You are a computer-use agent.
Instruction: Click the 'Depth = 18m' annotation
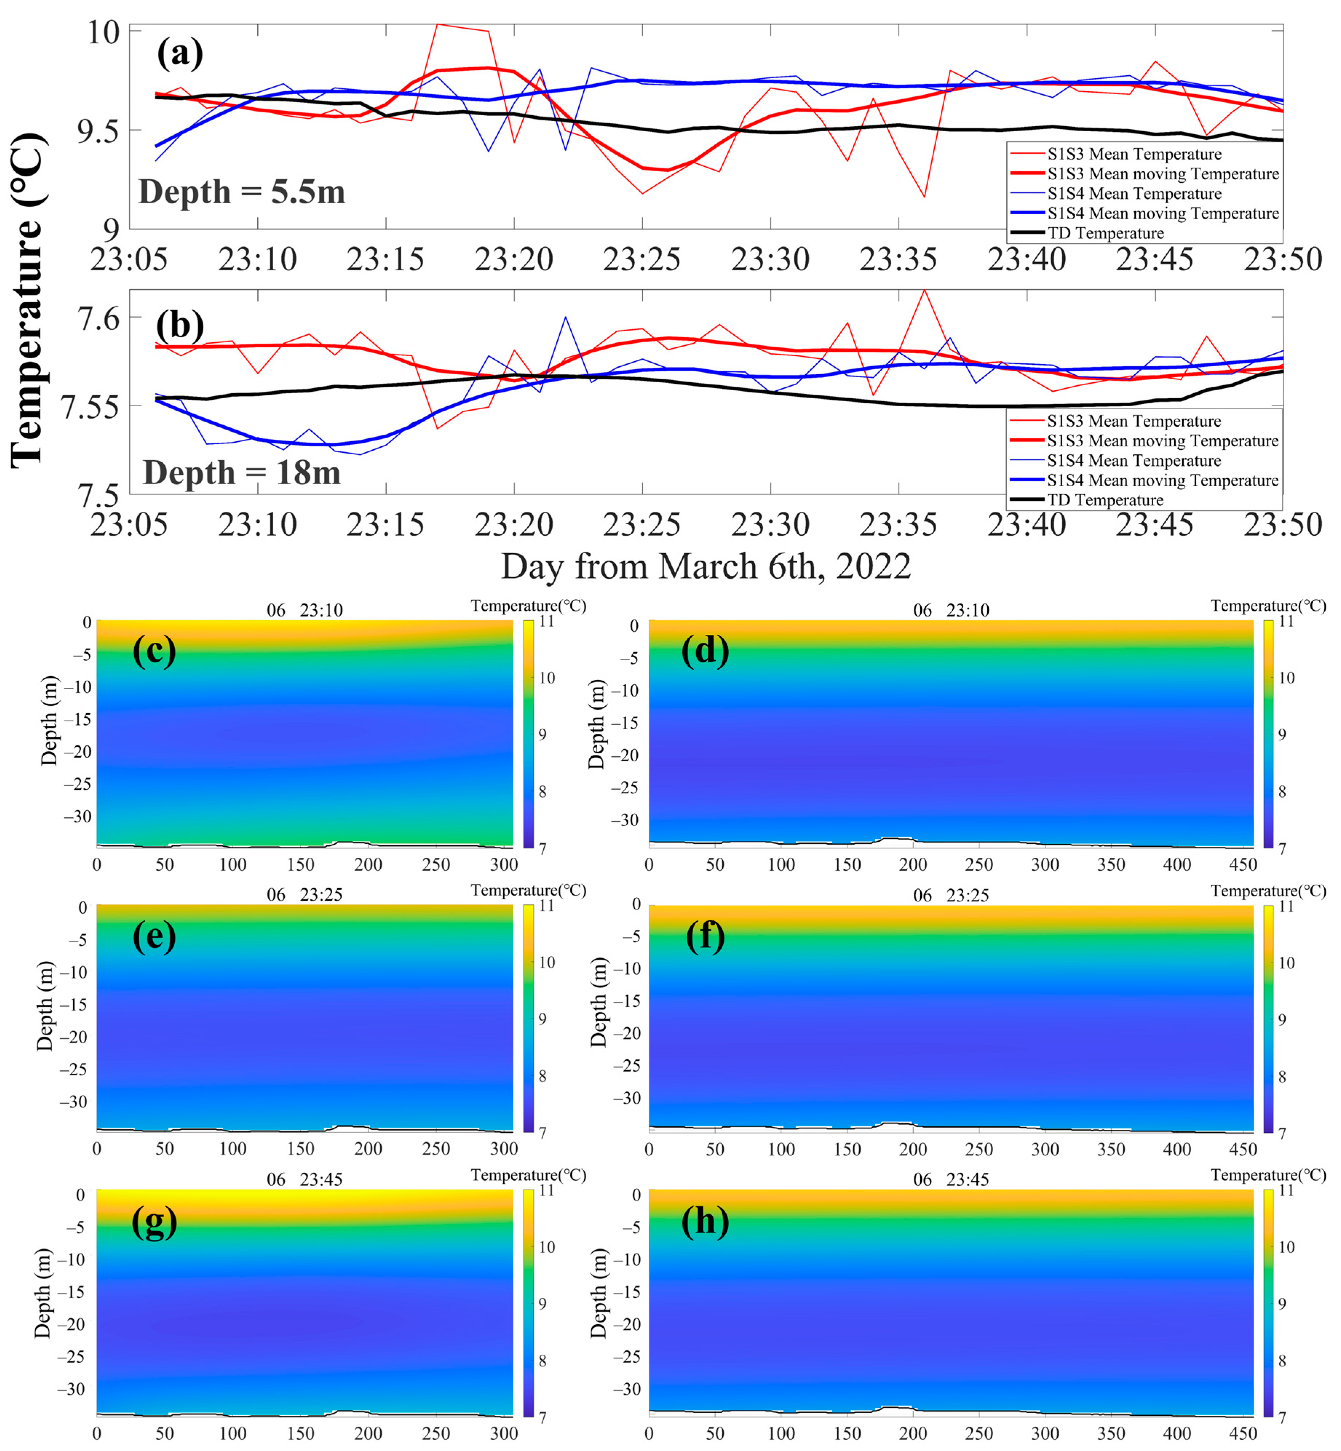[242, 472]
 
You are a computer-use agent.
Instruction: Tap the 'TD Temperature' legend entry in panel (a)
[1105, 233]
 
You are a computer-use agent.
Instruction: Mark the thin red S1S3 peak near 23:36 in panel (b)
[924, 291]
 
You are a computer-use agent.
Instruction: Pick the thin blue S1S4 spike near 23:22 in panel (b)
[565, 317]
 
